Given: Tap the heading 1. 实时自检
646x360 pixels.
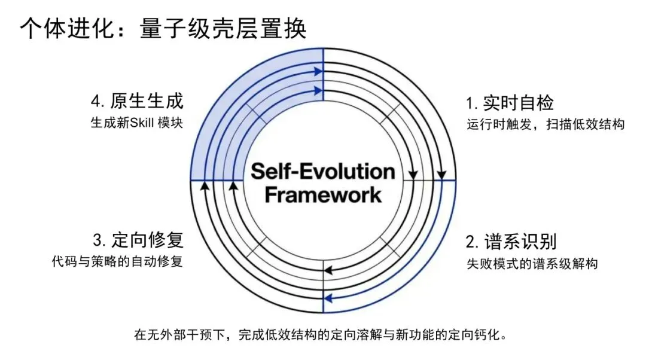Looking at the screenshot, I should coord(510,103).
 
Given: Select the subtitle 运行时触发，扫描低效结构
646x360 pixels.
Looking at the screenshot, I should coord(546,125).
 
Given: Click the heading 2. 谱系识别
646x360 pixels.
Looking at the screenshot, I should coord(511,242).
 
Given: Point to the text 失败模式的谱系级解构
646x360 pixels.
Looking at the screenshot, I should coord(532,264).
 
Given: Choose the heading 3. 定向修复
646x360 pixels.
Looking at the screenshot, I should coord(138,240).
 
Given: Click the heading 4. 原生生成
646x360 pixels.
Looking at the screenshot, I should coord(138,101).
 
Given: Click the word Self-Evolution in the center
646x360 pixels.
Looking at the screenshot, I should coord(322,172).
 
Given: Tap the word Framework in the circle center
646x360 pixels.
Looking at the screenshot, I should coord(322,194).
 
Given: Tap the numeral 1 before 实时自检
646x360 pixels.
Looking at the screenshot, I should coord(470,103).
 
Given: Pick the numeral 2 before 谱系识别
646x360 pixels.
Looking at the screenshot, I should coord(471,243).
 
